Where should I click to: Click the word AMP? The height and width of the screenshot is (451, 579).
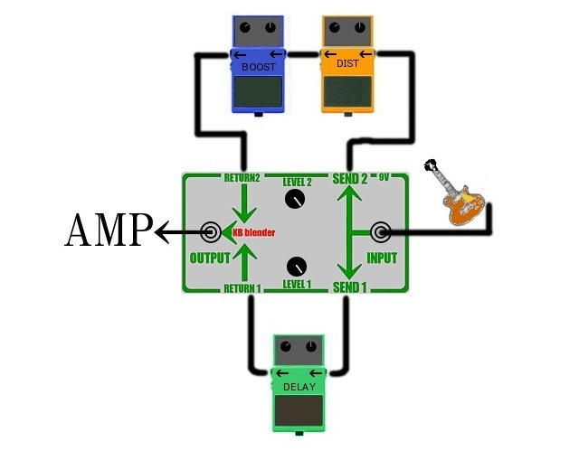(x=109, y=230)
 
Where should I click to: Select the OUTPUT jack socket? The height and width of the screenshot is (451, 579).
(x=211, y=232)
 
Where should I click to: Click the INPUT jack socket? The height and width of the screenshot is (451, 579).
(x=380, y=232)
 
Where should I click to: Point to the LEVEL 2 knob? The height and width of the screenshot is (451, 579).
(x=295, y=200)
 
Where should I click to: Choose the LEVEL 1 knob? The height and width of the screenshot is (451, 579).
(x=297, y=267)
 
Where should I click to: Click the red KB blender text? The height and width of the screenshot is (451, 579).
(x=253, y=232)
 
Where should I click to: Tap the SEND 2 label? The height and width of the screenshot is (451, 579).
(x=350, y=179)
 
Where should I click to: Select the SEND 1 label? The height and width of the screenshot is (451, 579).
(x=350, y=287)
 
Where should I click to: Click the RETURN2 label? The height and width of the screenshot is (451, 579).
(x=242, y=178)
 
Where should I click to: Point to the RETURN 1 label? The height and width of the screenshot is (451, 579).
(x=242, y=288)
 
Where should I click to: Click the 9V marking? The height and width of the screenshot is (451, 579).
(x=384, y=177)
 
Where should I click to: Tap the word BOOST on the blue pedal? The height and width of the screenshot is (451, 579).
(x=259, y=67)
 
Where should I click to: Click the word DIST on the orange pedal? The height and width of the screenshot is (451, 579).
(x=347, y=63)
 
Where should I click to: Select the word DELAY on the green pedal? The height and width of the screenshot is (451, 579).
(x=299, y=387)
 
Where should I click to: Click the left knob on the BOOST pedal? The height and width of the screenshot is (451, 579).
(x=245, y=27)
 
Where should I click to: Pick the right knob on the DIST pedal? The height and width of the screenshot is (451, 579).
(x=360, y=27)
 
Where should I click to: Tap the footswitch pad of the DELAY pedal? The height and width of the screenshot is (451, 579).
(x=299, y=410)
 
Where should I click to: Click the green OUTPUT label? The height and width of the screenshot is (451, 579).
(x=210, y=258)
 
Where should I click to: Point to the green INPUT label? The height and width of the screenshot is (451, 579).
(x=382, y=258)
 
